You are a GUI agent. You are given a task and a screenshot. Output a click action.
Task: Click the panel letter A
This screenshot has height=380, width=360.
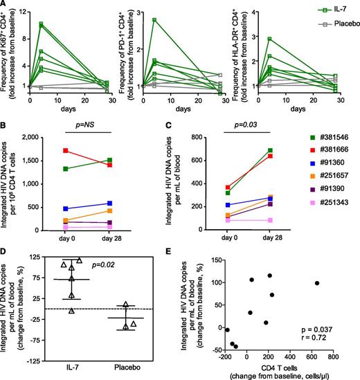pyautogui.click(x=4, y=5)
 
